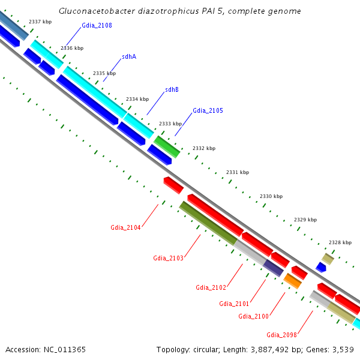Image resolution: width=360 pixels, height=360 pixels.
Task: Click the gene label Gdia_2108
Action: tap(97, 26)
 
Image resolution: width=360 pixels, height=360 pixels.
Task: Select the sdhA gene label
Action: tap(129, 56)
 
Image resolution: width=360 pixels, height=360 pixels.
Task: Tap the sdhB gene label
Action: tap(172, 89)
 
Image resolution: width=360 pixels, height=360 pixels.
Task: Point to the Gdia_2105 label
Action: tap(208, 110)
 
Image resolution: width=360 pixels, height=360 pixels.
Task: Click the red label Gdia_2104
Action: tap(125, 227)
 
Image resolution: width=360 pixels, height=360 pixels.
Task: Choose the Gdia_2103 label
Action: tap(168, 258)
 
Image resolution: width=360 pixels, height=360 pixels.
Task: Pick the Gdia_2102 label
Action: tap(211, 287)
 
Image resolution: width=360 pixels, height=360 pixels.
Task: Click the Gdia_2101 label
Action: tap(234, 304)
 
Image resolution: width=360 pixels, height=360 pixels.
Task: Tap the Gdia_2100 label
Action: tap(253, 316)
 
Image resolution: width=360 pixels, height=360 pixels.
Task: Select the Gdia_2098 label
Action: tap(282, 334)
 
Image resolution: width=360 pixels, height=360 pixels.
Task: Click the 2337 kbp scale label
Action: tap(40, 22)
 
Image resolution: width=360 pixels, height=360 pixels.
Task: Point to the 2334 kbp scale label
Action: tap(137, 99)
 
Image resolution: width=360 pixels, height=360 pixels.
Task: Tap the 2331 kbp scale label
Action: tap(238, 172)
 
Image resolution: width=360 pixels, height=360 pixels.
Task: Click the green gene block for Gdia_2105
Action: tap(167, 146)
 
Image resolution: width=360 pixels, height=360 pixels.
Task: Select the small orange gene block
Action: tap(292, 280)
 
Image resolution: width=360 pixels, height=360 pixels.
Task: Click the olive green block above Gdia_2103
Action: tap(208, 223)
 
